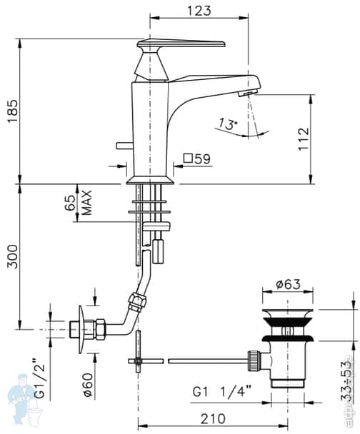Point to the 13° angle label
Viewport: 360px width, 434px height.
226,124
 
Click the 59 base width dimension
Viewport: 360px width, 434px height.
201,159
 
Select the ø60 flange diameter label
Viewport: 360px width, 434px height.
86,383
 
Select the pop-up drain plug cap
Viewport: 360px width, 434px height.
288,315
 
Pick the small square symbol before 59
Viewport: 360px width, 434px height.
188,159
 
